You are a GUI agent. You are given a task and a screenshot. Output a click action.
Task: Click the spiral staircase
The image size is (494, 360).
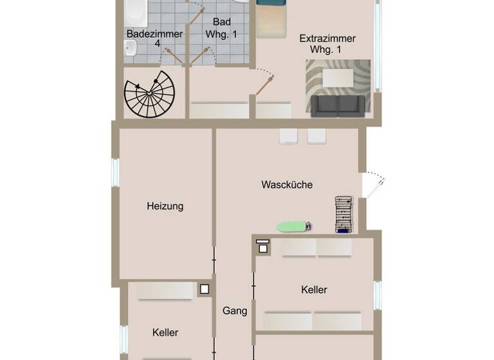(149, 94)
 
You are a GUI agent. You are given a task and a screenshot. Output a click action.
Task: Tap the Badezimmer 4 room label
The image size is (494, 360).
(154, 39)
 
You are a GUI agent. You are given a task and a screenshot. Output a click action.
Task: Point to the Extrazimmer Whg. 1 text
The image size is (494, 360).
(327, 44)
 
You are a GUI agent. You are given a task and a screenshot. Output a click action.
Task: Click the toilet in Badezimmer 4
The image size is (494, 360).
(131, 46)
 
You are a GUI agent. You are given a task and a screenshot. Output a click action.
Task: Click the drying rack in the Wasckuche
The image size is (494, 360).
(345, 215)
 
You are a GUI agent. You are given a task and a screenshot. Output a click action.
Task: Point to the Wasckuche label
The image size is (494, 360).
(287, 185)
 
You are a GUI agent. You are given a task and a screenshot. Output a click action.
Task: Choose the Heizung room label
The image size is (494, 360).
(165, 206)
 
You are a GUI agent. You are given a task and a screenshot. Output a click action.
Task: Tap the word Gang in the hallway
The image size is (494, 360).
(235, 311)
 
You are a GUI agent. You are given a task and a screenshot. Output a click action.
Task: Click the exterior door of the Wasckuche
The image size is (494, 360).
(373, 185)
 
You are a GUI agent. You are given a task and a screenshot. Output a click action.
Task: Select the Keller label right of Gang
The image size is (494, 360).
(314, 290)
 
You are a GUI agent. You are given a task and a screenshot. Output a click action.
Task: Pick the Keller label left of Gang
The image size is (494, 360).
(165, 332)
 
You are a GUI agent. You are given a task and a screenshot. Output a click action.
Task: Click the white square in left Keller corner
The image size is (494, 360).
(205, 289)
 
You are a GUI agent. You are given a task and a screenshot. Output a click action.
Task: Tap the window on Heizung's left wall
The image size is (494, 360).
(116, 172)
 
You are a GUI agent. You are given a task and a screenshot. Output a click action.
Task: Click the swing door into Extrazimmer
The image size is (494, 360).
(264, 82)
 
